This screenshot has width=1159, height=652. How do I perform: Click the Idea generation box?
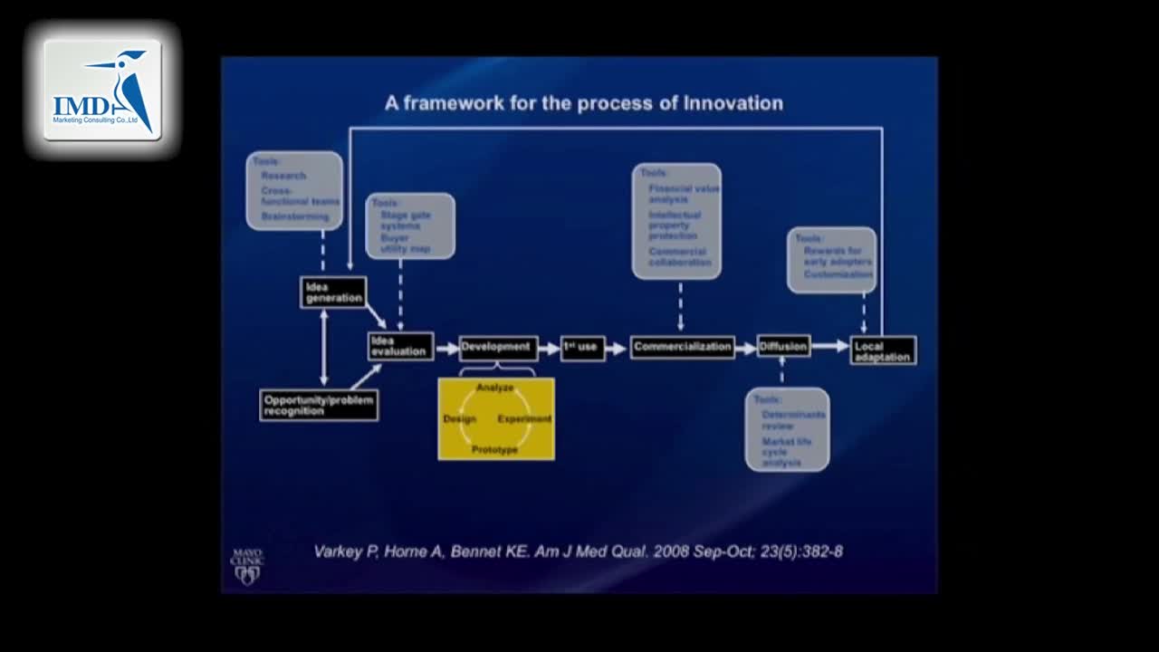[x=333, y=292]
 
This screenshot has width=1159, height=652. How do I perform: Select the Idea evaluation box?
[x=400, y=346]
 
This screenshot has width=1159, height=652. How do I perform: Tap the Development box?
[x=498, y=348]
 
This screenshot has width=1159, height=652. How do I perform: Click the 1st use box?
[x=582, y=348]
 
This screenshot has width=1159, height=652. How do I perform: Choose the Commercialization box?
[x=682, y=347]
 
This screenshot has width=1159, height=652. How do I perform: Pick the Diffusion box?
[x=783, y=347]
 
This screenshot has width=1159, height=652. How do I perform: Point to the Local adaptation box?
[x=883, y=351]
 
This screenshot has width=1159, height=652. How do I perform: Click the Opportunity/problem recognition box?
[x=319, y=405]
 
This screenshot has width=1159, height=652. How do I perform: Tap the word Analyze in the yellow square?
[x=495, y=388]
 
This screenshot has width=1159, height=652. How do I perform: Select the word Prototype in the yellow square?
[x=495, y=449]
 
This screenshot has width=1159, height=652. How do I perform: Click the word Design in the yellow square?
[x=459, y=418]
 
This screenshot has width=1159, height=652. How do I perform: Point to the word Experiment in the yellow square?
[x=524, y=418]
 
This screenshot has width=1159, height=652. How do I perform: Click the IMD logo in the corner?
[x=102, y=90]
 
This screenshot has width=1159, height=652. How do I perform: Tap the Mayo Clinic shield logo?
[x=247, y=567]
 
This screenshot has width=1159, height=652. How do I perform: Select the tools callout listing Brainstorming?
[x=294, y=190]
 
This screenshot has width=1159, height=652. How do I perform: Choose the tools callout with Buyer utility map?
[x=410, y=226]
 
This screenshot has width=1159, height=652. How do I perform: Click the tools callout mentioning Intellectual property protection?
[x=676, y=220]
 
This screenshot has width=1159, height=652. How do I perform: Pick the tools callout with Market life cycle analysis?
[x=787, y=429]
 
